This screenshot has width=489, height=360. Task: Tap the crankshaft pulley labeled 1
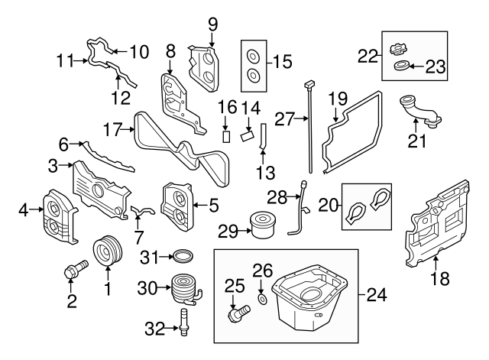click(x=107, y=252)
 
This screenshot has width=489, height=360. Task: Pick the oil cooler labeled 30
click(x=184, y=290)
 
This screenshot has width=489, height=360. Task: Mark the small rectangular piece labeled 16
click(x=227, y=136)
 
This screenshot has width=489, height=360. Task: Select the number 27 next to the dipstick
click(x=284, y=118)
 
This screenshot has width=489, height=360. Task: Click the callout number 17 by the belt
click(x=114, y=130)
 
